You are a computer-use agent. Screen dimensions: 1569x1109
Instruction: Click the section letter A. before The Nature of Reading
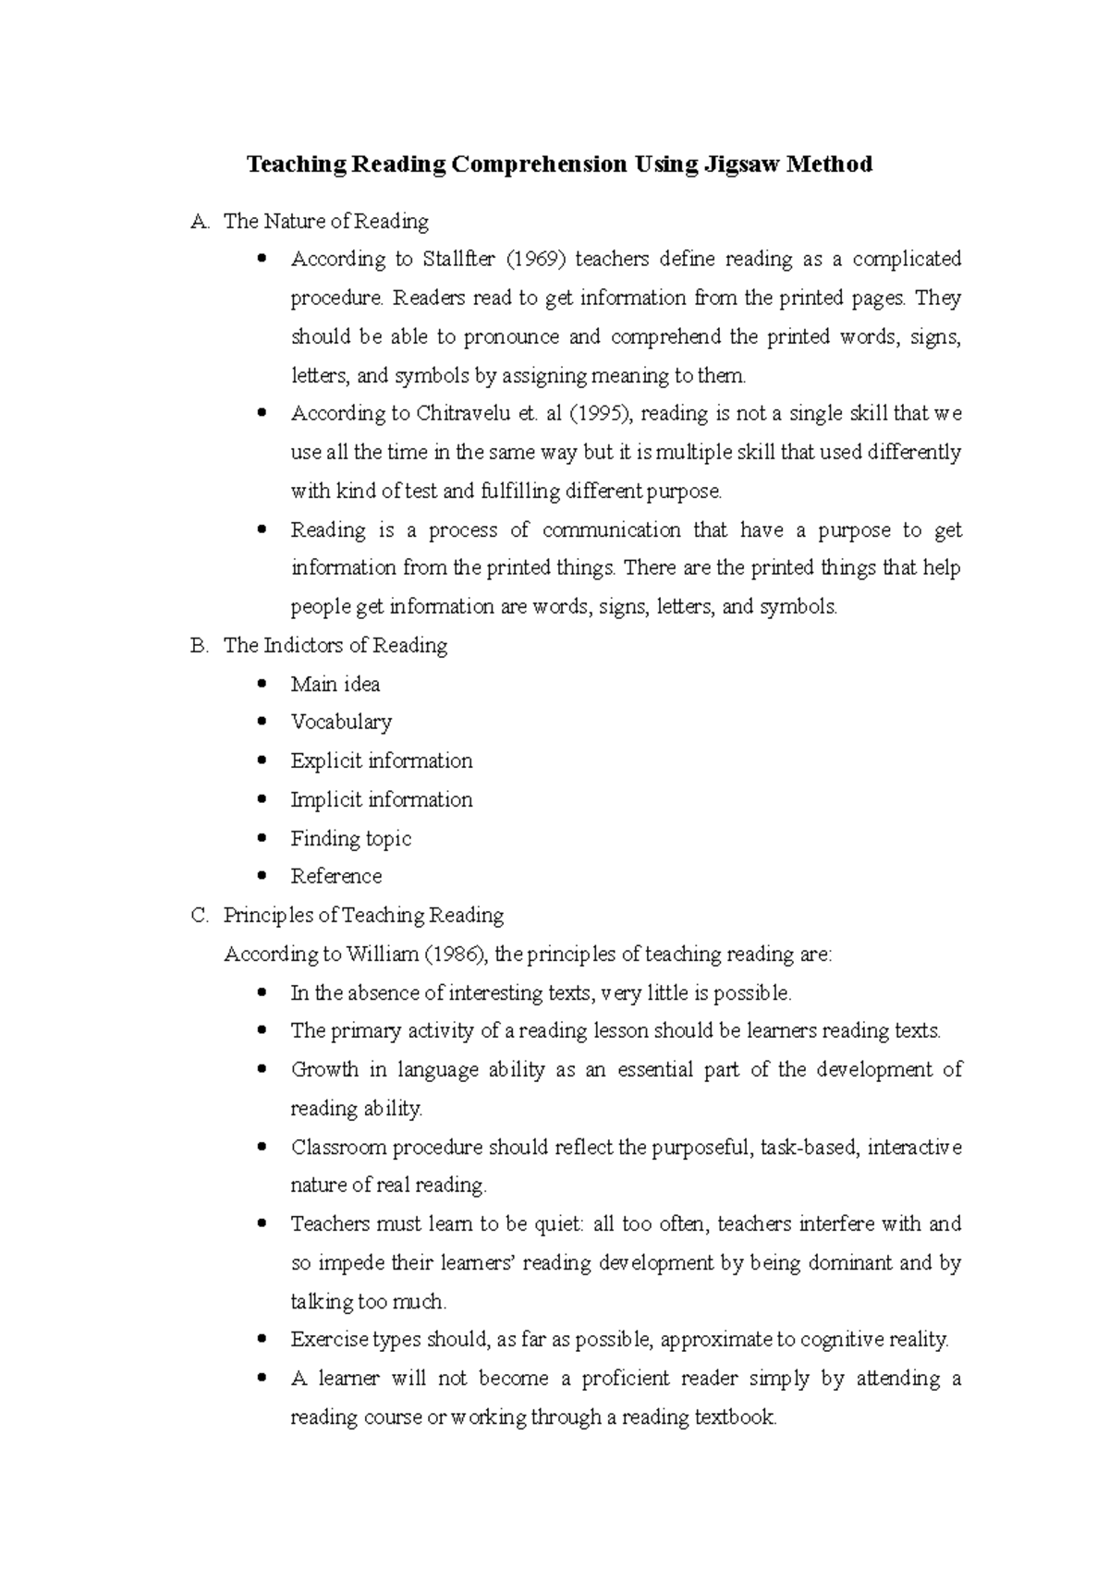[200, 222]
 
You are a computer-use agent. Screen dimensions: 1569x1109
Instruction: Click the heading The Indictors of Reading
[335, 646]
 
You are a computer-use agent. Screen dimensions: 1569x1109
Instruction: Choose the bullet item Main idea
[335, 685]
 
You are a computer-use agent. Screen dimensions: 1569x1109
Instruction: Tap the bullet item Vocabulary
[341, 723]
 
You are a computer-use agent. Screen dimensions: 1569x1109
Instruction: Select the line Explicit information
[382, 761]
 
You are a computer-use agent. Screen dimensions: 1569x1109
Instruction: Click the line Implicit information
[382, 800]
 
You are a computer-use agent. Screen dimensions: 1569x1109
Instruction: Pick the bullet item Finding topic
[351, 839]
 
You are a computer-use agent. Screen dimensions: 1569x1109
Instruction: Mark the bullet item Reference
[336, 877]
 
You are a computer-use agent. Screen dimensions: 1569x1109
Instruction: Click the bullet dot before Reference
[263, 876]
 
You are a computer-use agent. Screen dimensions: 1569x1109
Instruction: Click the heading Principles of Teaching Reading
[363, 916]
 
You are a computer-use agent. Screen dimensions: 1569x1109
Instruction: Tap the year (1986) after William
[459, 955]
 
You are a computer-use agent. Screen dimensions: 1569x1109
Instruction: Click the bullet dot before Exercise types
[263, 1339]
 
